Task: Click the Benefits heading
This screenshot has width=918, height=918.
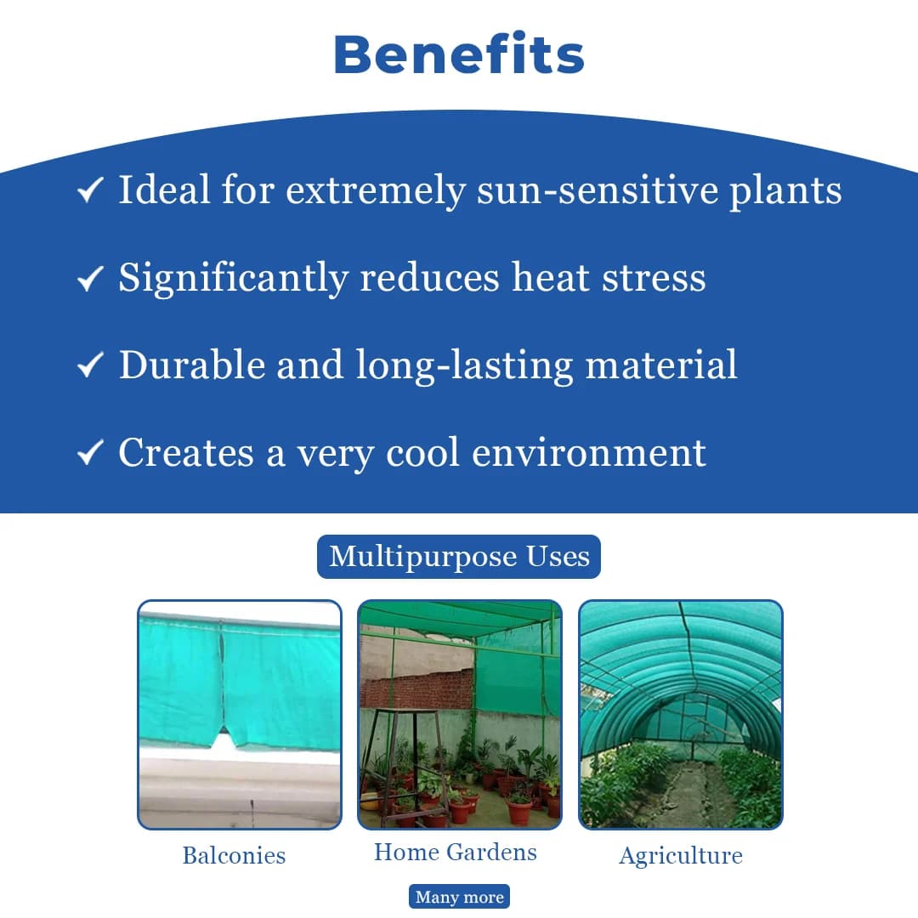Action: coord(459,54)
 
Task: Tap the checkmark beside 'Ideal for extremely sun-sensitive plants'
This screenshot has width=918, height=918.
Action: coord(90,190)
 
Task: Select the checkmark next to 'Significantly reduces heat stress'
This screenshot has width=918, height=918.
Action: coord(90,278)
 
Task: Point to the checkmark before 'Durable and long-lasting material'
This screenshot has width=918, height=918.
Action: coord(90,365)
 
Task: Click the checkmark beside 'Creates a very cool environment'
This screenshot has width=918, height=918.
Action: coord(90,453)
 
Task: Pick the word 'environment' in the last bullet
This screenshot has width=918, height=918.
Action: coord(588,453)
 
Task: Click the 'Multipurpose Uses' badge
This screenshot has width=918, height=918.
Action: coord(459,557)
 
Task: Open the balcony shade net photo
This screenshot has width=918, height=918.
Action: coord(240,714)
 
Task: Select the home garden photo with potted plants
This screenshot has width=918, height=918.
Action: coord(460,714)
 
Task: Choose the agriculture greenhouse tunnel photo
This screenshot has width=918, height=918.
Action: coord(680,714)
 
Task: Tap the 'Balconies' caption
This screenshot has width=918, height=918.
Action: coord(234,854)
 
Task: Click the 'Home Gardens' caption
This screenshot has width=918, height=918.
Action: coord(456,852)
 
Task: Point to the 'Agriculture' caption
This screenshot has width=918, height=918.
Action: coord(680,855)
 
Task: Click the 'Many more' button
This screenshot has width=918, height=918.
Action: coord(459,897)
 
